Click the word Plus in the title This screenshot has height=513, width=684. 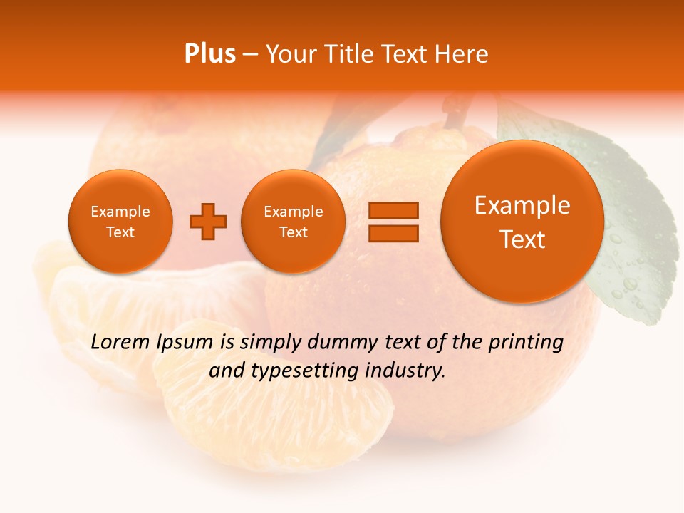pos(210,54)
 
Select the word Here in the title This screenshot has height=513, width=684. pos(462,54)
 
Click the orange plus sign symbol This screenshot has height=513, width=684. pos(208,221)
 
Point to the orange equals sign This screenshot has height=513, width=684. pos(393,221)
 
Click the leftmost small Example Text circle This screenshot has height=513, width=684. pos(120,222)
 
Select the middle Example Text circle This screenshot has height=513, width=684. pos(294,222)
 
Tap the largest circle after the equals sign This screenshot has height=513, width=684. pos(522,222)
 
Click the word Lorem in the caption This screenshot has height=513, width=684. pos(122,343)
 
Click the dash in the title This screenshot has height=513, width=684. pos(250,54)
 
